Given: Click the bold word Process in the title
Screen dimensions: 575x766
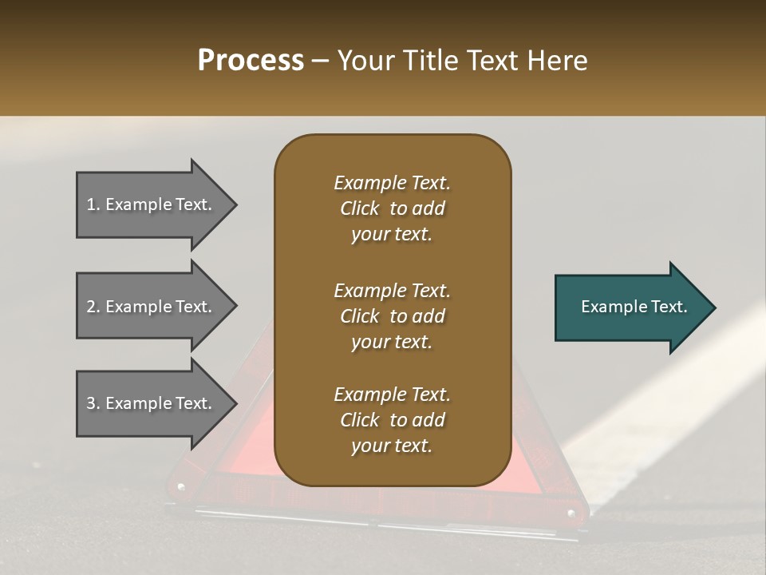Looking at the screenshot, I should click(x=251, y=61).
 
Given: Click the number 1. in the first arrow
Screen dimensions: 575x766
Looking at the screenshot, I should click(x=93, y=204).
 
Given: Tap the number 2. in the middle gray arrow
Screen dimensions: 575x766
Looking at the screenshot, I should click(x=93, y=307).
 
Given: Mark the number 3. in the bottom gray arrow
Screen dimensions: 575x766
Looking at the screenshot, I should click(x=93, y=403).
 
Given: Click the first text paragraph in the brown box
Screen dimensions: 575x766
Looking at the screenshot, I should click(x=392, y=208).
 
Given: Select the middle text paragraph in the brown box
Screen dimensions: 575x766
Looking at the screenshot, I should click(x=392, y=316).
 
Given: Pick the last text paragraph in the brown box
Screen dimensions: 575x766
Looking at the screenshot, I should click(x=392, y=420).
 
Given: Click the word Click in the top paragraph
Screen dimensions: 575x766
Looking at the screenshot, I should click(x=359, y=208).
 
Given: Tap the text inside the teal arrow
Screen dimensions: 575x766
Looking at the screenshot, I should click(x=634, y=307).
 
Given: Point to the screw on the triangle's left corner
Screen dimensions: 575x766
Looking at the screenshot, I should click(x=181, y=486).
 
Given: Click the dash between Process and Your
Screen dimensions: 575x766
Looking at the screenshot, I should click(x=321, y=61).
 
